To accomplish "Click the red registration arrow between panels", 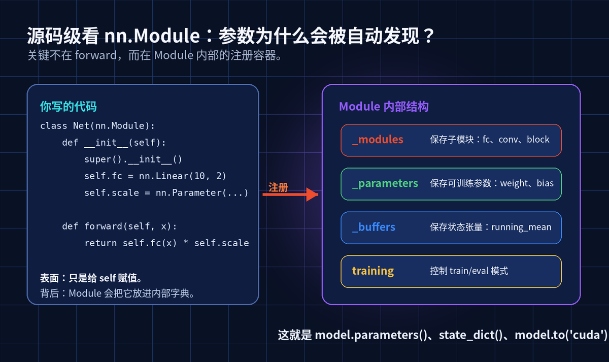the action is click(290, 194).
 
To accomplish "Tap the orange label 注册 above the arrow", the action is click(278, 187).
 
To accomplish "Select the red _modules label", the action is click(378, 140).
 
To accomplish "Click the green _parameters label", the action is click(385, 184).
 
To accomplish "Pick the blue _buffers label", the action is click(374, 227).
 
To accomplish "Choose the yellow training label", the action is click(373, 271).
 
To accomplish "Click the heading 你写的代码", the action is click(68, 106).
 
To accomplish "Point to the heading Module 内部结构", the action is click(384, 106).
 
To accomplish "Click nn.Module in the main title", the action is click(152, 36).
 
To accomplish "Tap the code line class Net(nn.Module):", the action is click(97, 126).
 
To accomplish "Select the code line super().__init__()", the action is click(133, 159).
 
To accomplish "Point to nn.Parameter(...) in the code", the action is click(202, 193).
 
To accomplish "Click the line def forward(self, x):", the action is click(120, 226).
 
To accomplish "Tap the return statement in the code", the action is click(166, 243).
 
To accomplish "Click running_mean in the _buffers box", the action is click(521, 227).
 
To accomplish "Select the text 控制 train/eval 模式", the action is click(469, 271).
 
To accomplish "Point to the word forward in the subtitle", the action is click(96, 55).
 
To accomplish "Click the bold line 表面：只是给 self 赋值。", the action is click(91, 278).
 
